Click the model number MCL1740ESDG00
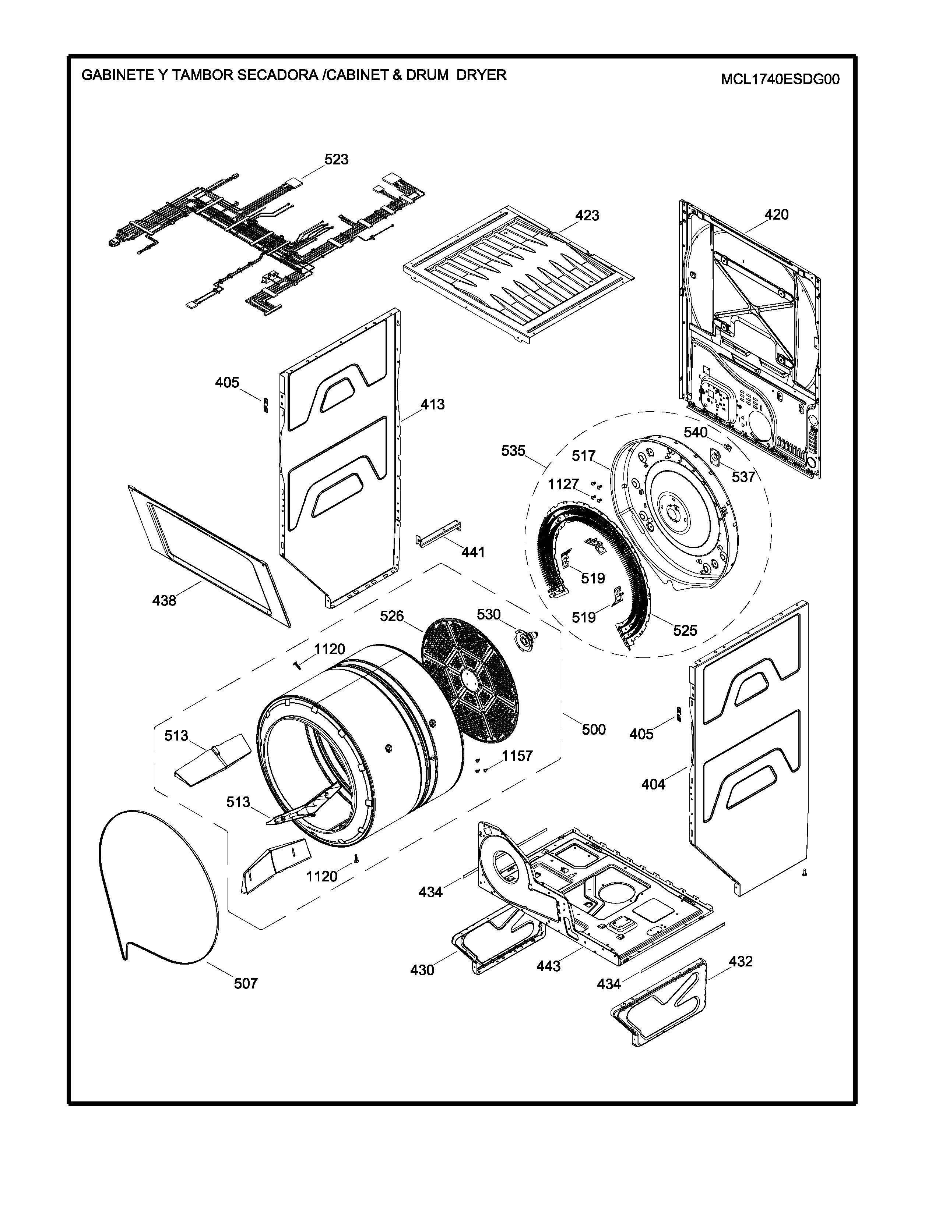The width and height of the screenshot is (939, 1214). tap(780, 79)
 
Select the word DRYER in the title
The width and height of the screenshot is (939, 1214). tap(481, 75)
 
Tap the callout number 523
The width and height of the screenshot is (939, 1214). tap(337, 160)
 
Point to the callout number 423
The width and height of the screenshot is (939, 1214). tap(587, 216)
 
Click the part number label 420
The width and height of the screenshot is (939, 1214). tap(777, 214)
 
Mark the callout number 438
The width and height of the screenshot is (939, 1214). tap(164, 600)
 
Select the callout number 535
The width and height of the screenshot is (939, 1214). tap(513, 451)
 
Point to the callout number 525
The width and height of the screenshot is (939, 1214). tap(685, 630)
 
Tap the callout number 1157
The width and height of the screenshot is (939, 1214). tap(517, 756)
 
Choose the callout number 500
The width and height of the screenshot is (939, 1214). tap(594, 729)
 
